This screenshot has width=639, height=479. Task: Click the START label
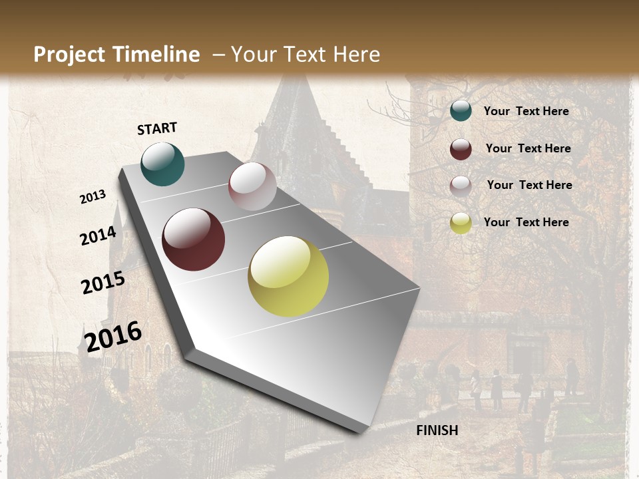(x=157, y=128)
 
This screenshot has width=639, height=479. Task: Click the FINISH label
(x=437, y=430)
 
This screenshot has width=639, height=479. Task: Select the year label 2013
(x=93, y=197)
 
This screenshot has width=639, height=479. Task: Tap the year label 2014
(x=98, y=236)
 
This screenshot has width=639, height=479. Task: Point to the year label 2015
(x=103, y=283)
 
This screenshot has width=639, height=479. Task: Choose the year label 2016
(x=113, y=336)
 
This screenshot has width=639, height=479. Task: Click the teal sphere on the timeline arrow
(x=162, y=164)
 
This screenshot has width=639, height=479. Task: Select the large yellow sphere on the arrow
(x=288, y=276)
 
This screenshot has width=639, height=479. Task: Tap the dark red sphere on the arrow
(x=194, y=239)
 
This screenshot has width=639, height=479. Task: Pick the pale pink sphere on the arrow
(x=252, y=186)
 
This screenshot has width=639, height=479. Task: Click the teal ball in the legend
(x=461, y=110)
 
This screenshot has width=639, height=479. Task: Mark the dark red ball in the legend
(x=461, y=149)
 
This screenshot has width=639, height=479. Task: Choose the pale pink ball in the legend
(x=461, y=186)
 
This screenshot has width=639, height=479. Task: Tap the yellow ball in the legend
(x=461, y=223)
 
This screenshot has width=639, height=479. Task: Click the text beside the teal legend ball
(x=526, y=111)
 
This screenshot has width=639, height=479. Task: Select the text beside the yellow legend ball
(x=526, y=222)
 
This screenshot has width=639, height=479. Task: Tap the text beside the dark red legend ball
(x=528, y=148)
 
